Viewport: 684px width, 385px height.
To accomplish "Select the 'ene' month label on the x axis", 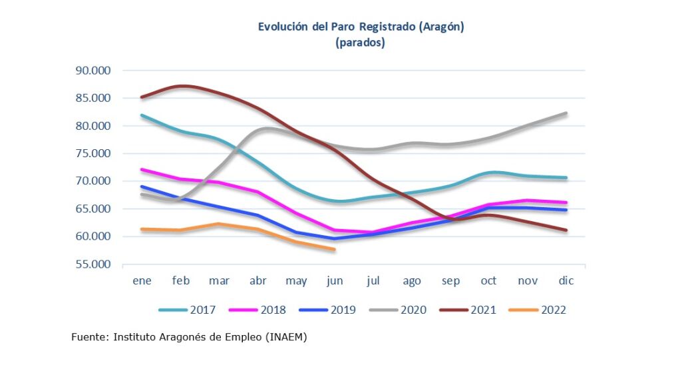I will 142,281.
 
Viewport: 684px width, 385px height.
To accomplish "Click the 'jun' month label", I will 335,281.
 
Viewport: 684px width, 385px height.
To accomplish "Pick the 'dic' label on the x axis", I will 566,281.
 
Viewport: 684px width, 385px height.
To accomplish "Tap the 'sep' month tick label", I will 450,281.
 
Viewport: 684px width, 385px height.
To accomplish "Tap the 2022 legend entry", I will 553,310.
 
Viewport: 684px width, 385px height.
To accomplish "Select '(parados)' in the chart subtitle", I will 361,43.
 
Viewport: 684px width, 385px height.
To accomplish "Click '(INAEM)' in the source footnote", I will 287,338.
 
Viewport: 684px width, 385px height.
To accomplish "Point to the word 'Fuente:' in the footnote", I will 90,338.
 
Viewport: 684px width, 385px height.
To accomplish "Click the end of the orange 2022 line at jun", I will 334,250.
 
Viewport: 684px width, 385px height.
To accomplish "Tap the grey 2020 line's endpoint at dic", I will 566,113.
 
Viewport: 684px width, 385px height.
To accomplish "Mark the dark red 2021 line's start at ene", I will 142,97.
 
